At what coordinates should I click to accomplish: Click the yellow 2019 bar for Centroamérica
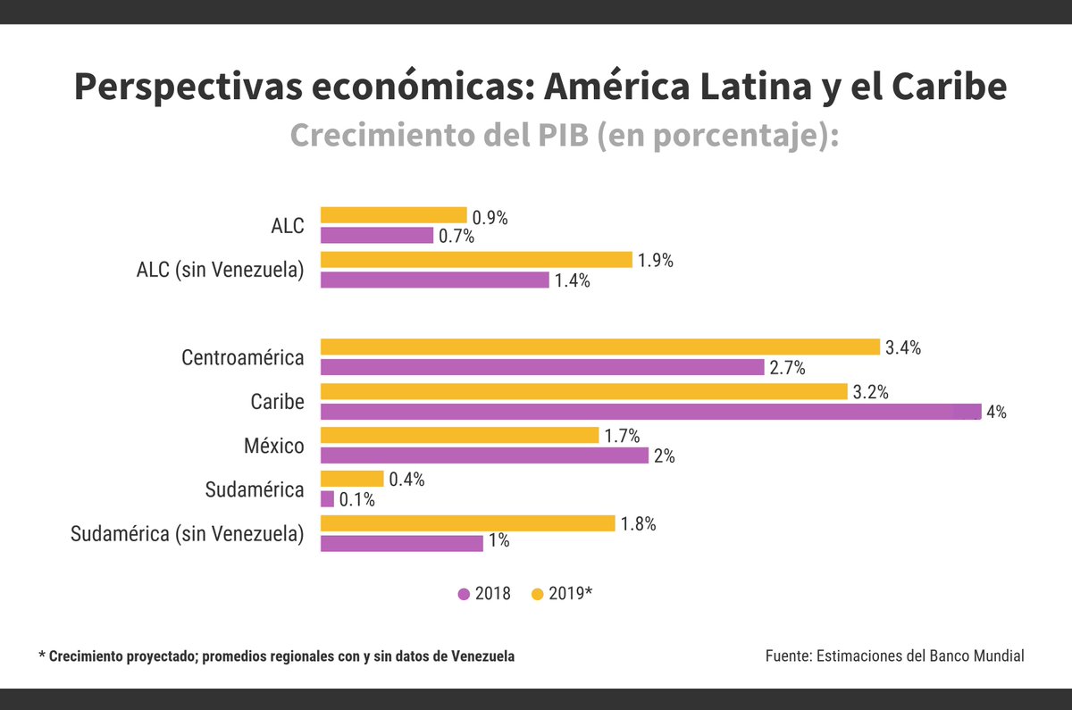point(599,347)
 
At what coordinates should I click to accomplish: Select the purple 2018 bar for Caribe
point(650,412)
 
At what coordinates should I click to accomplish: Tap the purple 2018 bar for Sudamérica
point(327,499)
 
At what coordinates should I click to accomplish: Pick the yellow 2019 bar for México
point(459,435)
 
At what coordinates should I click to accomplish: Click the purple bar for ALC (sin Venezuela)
point(434,280)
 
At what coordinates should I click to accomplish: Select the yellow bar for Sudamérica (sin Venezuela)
point(467,523)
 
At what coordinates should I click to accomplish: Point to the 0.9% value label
point(490,217)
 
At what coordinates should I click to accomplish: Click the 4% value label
point(996,413)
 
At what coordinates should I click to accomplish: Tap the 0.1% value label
point(357,500)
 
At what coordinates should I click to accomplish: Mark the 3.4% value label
point(903,348)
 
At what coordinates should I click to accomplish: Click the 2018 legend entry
point(484,594)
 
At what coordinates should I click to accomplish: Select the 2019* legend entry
point(562,594)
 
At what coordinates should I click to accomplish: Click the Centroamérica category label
point(242,358)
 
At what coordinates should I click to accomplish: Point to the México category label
point(273,446)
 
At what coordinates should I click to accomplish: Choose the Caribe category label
point(277,402)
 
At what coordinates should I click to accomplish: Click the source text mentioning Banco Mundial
point(894,656)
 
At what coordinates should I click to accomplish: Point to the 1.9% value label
point(655,261)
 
